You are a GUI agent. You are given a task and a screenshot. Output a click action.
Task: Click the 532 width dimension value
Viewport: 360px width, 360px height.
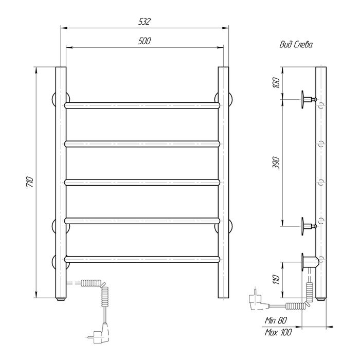pos(145,22)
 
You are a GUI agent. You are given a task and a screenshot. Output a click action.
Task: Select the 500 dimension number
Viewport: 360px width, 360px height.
pos(145,41)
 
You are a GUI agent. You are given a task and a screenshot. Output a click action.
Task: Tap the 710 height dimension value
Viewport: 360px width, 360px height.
pos(30,182)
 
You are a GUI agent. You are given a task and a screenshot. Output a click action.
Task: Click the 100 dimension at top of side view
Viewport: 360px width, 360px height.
pos(276,83)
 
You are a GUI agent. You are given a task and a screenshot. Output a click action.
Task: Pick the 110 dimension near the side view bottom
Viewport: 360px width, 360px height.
pos(276,279)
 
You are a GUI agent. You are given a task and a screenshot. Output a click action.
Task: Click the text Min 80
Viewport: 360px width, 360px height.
pos(276,320)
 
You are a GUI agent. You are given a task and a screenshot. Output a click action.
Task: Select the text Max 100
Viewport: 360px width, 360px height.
pos(278,332)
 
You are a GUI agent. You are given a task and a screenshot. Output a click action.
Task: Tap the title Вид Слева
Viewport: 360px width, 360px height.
pos(296,45)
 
